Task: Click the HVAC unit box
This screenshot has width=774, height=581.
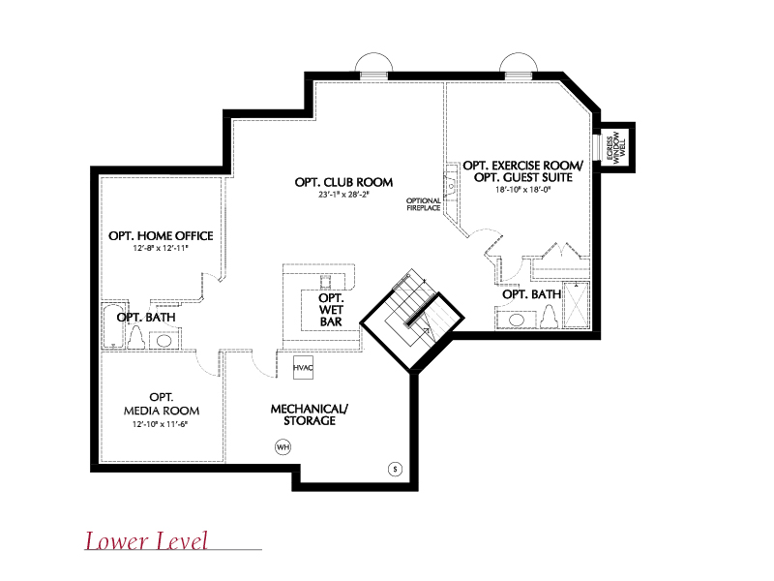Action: point(303,368)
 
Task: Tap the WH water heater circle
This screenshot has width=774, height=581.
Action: point(283,447)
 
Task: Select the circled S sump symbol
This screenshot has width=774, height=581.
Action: point(395,469)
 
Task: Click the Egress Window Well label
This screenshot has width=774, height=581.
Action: point(615,147)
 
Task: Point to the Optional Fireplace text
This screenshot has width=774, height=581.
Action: point(424,204)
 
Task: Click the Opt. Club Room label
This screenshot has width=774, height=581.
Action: point(343,182)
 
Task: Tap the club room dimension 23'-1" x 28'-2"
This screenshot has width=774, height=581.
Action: point(343,195)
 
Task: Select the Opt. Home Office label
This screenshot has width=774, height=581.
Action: point(161,235)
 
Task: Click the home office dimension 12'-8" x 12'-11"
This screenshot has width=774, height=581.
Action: point(161,248)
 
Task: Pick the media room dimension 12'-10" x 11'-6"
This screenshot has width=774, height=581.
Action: point(161,424)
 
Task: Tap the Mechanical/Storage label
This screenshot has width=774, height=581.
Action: point(310,415)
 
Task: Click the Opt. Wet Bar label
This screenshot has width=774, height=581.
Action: point(331,310)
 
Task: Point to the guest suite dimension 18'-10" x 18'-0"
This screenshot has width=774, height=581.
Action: point(523,189)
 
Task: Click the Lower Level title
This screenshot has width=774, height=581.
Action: point(147,540)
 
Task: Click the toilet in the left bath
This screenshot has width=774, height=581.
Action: point(136,338)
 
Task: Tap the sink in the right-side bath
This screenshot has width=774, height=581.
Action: point(517,320)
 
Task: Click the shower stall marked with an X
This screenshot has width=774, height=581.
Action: point(577,304)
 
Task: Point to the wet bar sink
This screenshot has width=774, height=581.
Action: point(326,282)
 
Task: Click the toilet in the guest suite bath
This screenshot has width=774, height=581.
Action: point(549,317)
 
